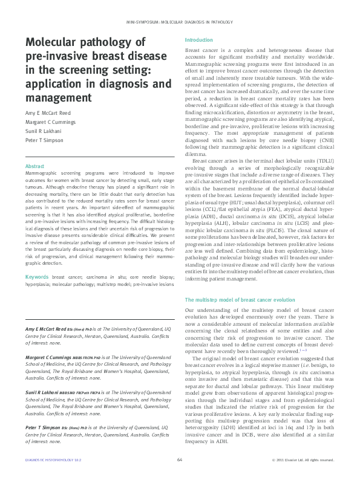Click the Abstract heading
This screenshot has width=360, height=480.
click(34, 166)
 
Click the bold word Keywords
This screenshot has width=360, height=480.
click(37, 277)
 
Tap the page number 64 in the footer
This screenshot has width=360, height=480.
click(180, 459)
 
